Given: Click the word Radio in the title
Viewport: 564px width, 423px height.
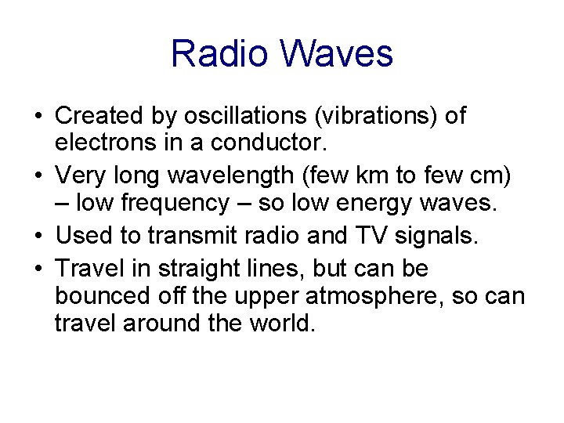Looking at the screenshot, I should (x=222, y=54).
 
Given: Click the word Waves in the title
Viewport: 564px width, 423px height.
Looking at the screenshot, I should (x=338, y=54).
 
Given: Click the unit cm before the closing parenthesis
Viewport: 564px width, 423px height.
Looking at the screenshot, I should (x=490, y=177).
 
